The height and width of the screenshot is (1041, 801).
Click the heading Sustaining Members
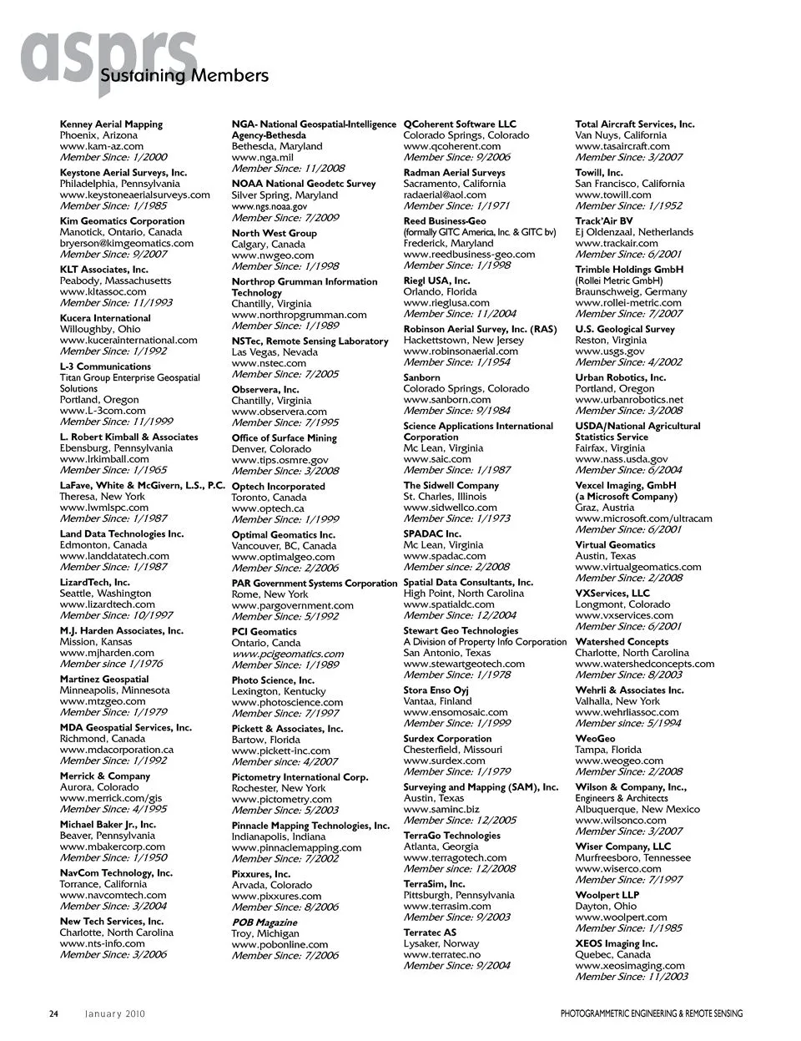click(184, 76)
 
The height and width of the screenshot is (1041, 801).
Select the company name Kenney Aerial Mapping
click(111, 124)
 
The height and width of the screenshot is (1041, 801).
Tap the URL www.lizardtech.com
click(107, 604)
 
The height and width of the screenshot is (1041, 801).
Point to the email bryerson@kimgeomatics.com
click(126, 243)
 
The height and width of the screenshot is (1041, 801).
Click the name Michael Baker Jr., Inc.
click(108, 825)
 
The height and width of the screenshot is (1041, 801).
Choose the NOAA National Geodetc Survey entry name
click(304, 184)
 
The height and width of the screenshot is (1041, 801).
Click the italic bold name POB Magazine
click(264, 922)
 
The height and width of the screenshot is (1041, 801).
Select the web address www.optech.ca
click(268, 508)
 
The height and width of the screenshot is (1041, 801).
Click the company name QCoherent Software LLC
click(460, 124)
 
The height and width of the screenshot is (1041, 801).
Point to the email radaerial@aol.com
click(445, 195)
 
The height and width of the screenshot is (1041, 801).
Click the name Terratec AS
click(430, 932)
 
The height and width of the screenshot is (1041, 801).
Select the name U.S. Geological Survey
click(625, 330)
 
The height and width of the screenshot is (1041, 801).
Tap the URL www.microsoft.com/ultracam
click(643, 518)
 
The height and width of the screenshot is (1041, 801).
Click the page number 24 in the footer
click(53, 1014)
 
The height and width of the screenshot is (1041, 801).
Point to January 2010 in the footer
click(115, 1014)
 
